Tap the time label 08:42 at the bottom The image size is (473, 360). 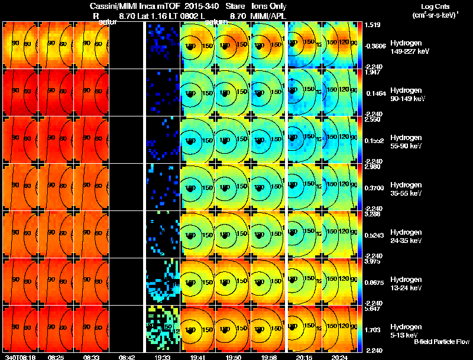(127, 357)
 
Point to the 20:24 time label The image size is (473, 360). (339, 357)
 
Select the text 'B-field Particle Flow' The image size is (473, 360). (441, 342)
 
